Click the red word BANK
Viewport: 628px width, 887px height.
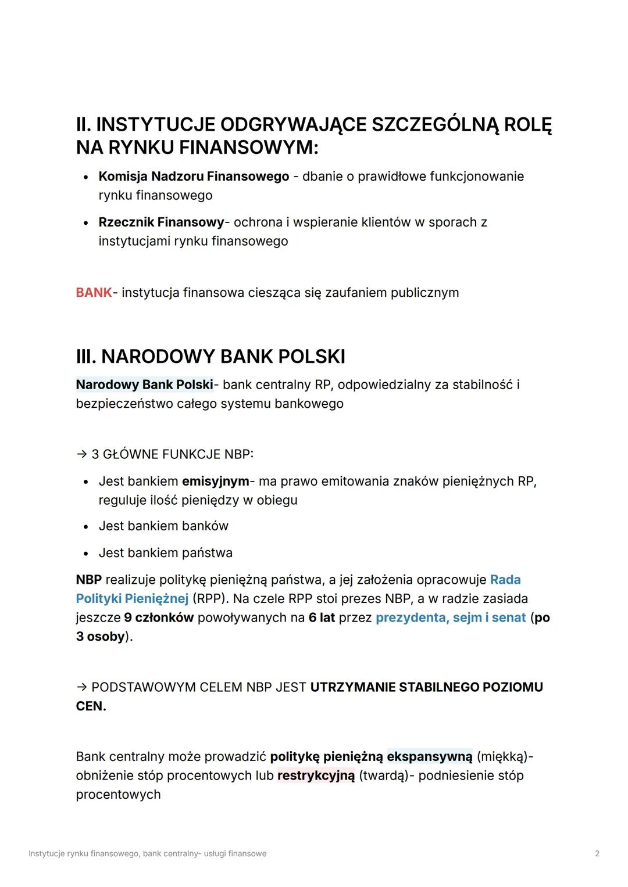tap(93, 292)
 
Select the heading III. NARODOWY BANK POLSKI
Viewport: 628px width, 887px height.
tap(210, 356)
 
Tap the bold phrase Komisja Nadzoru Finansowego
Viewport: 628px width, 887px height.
tap(194, 176)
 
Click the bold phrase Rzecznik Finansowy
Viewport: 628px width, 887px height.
tap(161, 222)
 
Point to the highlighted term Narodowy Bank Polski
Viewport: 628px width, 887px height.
tap(144, 385)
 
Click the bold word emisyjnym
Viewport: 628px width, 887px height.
tap(215, 481)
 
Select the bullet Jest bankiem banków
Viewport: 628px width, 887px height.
tap(163, 526)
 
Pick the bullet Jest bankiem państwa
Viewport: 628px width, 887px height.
tap(165, 552)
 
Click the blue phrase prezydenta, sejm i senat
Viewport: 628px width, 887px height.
tap(451, 617)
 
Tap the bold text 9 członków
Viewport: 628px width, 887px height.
tap(159, 617)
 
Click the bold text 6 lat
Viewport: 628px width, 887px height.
tap(322, 617)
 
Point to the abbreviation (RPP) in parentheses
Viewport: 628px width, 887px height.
tap(210, 598)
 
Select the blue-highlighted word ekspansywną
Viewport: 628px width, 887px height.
tap(429, 756)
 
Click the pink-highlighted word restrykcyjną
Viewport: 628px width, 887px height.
tap(316, 775)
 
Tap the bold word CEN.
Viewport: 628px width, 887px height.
tap(90, 706)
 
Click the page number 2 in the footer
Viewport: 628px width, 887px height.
tap(597, 853)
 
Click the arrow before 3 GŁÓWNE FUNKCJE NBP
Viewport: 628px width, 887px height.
tap(81, 454)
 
